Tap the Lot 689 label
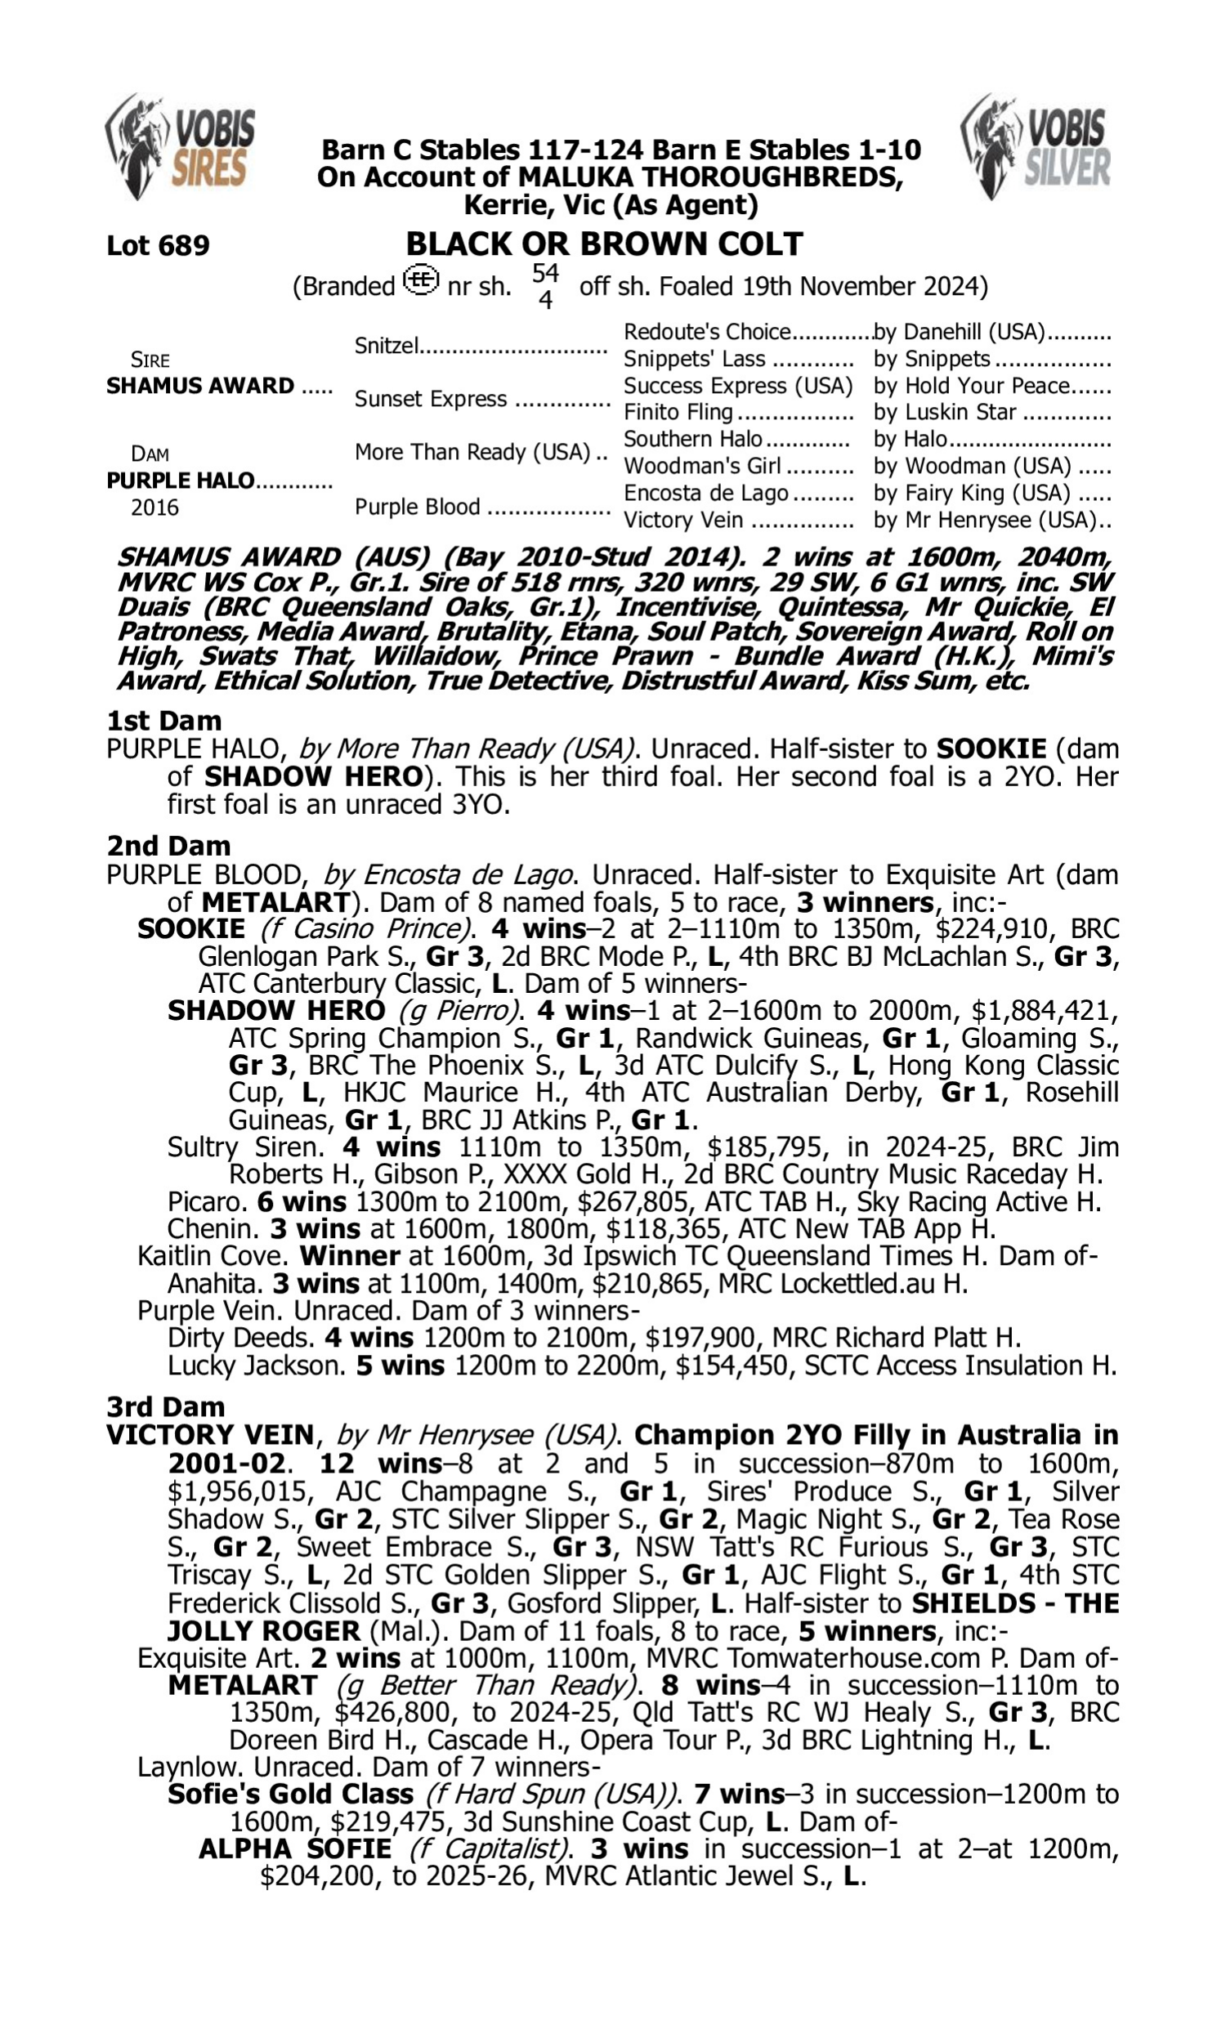click(158, 245)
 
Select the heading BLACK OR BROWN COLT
click(604, 244)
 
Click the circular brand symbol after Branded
click(421, 281)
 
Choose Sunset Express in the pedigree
click(430, 399)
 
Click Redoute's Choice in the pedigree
click(707, 332)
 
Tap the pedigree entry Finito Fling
click(678, 412)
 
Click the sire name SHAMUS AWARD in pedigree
click(200, 386)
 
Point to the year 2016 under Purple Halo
click(154, 507)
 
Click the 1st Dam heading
click(163, 720)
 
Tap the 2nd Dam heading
click(168, 846)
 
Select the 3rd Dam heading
click(166, 1406)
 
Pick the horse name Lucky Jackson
click(255, 1365)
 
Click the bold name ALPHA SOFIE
click(295, 1849)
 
